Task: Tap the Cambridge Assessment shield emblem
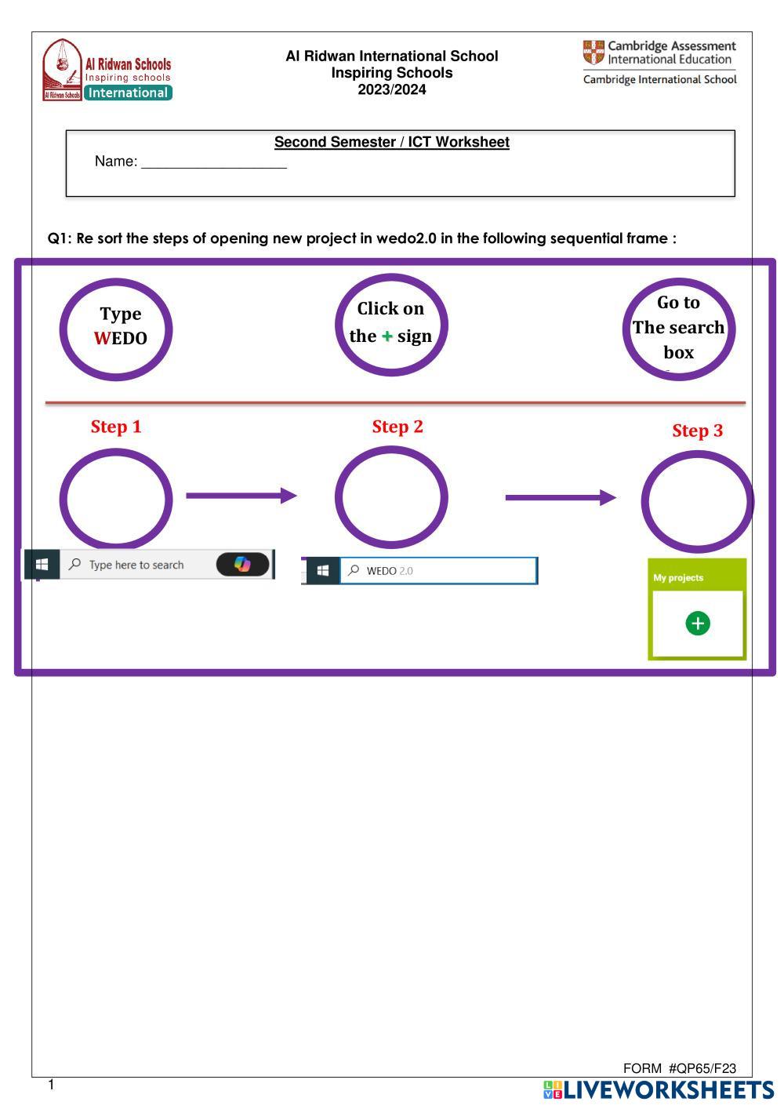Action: pyautogui.click(x=593, y=53)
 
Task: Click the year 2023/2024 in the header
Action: pyautogui.click(x=392, y=89)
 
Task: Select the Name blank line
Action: pyautogui.click(x=213, y=162)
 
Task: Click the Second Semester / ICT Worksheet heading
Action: pyautogui.click(x=392, y=142)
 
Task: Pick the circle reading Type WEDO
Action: pyautogui.click(x=116, y=327)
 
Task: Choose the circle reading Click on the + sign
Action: pyautogui.click(x=391, y=324)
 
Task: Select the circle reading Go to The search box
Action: pyautogui.click(x=678, y=328)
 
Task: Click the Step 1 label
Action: pyautogui.click(x=116, y=427)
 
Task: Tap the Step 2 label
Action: pyautogui.click(x=397, y=427)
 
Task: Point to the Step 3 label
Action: pyautogui.click(x=697, y=431)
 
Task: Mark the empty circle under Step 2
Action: pyautogui.click(x=391, y=497)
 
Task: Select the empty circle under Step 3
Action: pyautogui.click(x=697, y=501)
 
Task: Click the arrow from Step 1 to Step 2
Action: pyautogui.click(x=241, y=496)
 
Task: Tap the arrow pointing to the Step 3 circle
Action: pyautogui.click(x=561, y=497)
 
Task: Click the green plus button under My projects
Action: pyautogui.click(x=698, y=624)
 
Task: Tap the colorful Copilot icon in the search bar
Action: pyautogui.click(x=242, y=565)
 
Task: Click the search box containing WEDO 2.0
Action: pyautogui.click(x=437, y=571)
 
